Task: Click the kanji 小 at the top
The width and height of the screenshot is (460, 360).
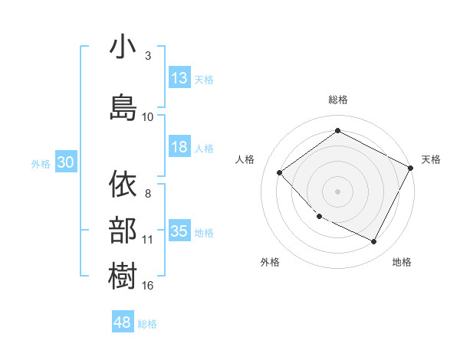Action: coord(123,47)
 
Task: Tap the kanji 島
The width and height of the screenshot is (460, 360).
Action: coord(123,107)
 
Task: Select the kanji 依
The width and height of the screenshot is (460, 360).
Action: coord(123,185)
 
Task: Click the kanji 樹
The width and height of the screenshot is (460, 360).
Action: coord(123,275)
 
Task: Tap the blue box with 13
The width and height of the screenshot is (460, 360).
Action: coord(179,78)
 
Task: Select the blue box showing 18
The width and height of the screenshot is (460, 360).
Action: coord(179,148)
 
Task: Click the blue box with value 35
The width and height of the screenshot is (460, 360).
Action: coord(179,232)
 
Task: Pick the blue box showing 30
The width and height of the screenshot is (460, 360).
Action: coord(65,163)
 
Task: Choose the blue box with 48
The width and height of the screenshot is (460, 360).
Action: coord(123,322)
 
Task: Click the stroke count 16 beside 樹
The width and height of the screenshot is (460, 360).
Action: coord(148,286)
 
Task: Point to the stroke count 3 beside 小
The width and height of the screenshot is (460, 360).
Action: coord(148,57)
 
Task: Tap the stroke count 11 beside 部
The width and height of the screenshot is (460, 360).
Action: coord(148,240)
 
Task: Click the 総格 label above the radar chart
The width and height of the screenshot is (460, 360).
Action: coord(337,100)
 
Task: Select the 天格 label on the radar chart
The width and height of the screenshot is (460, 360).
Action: coord(431,159)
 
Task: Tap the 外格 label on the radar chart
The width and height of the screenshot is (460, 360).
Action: coord(270,262)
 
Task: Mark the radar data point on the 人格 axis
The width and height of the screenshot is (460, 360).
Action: coord(280,173)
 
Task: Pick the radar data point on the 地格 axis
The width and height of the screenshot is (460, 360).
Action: coord(374,242)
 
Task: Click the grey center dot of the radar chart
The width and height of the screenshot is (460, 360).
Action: coord(337,191)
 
